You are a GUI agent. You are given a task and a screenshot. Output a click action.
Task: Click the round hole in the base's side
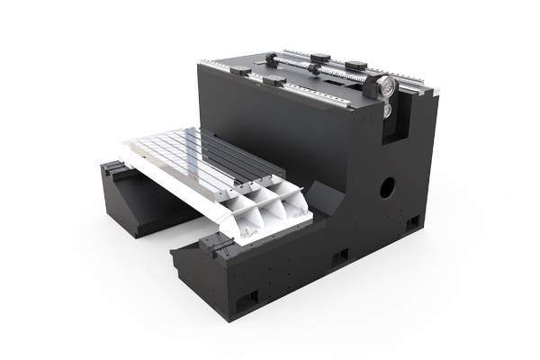386,188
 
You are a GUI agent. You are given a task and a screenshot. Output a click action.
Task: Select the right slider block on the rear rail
355,65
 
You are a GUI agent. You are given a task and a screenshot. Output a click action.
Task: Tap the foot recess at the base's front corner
249,296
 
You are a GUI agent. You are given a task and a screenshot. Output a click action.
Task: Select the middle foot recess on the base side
340,257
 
